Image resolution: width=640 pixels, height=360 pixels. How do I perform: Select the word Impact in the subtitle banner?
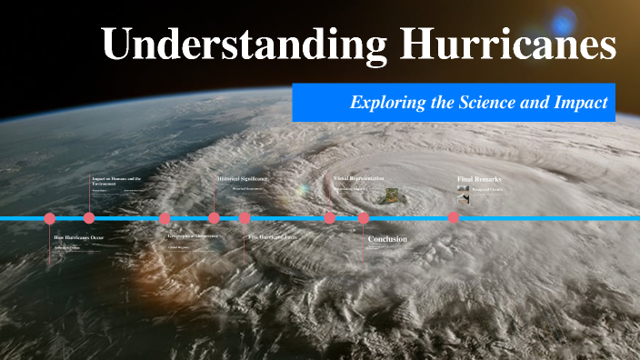pyautogui.click(x=584, y=103)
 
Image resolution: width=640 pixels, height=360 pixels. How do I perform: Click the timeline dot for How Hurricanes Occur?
pyautogui.click(x=50, y=218)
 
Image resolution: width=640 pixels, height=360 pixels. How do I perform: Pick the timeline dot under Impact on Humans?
pyautogui.click(x=89, y=218)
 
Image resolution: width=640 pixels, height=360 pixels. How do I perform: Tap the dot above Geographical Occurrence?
pyautogui.click(x=165, y=218)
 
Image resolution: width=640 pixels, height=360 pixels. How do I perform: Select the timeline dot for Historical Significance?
pyautogui.click(x=214, y=218)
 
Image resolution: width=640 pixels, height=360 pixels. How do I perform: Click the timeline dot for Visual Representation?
pyautogui.click(x=330, y=218)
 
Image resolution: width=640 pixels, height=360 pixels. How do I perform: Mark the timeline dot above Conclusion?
pyautogui.click(x=364, y=218)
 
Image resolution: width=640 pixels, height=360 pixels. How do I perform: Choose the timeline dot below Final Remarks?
pyautogui.click(x=454, y=218)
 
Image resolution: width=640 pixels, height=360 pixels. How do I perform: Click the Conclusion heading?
pyautogui.click(x=387, y=239)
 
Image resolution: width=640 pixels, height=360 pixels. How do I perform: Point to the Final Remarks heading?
pyautogui.click(x=479, y=179)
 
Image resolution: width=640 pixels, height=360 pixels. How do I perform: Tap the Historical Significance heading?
pyautogui.click(x=243, y=179)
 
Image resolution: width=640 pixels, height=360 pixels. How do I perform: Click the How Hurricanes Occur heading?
pyautogui.click(x=79, y=237)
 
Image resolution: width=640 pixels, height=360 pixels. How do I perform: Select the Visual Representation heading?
pyautogui.click(x=359, y=179)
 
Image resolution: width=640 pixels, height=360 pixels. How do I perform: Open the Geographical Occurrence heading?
pyautogui.click(x=194, y=236)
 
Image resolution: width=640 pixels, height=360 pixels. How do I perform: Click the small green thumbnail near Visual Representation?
pyautogui.click(x=389, y=193)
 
